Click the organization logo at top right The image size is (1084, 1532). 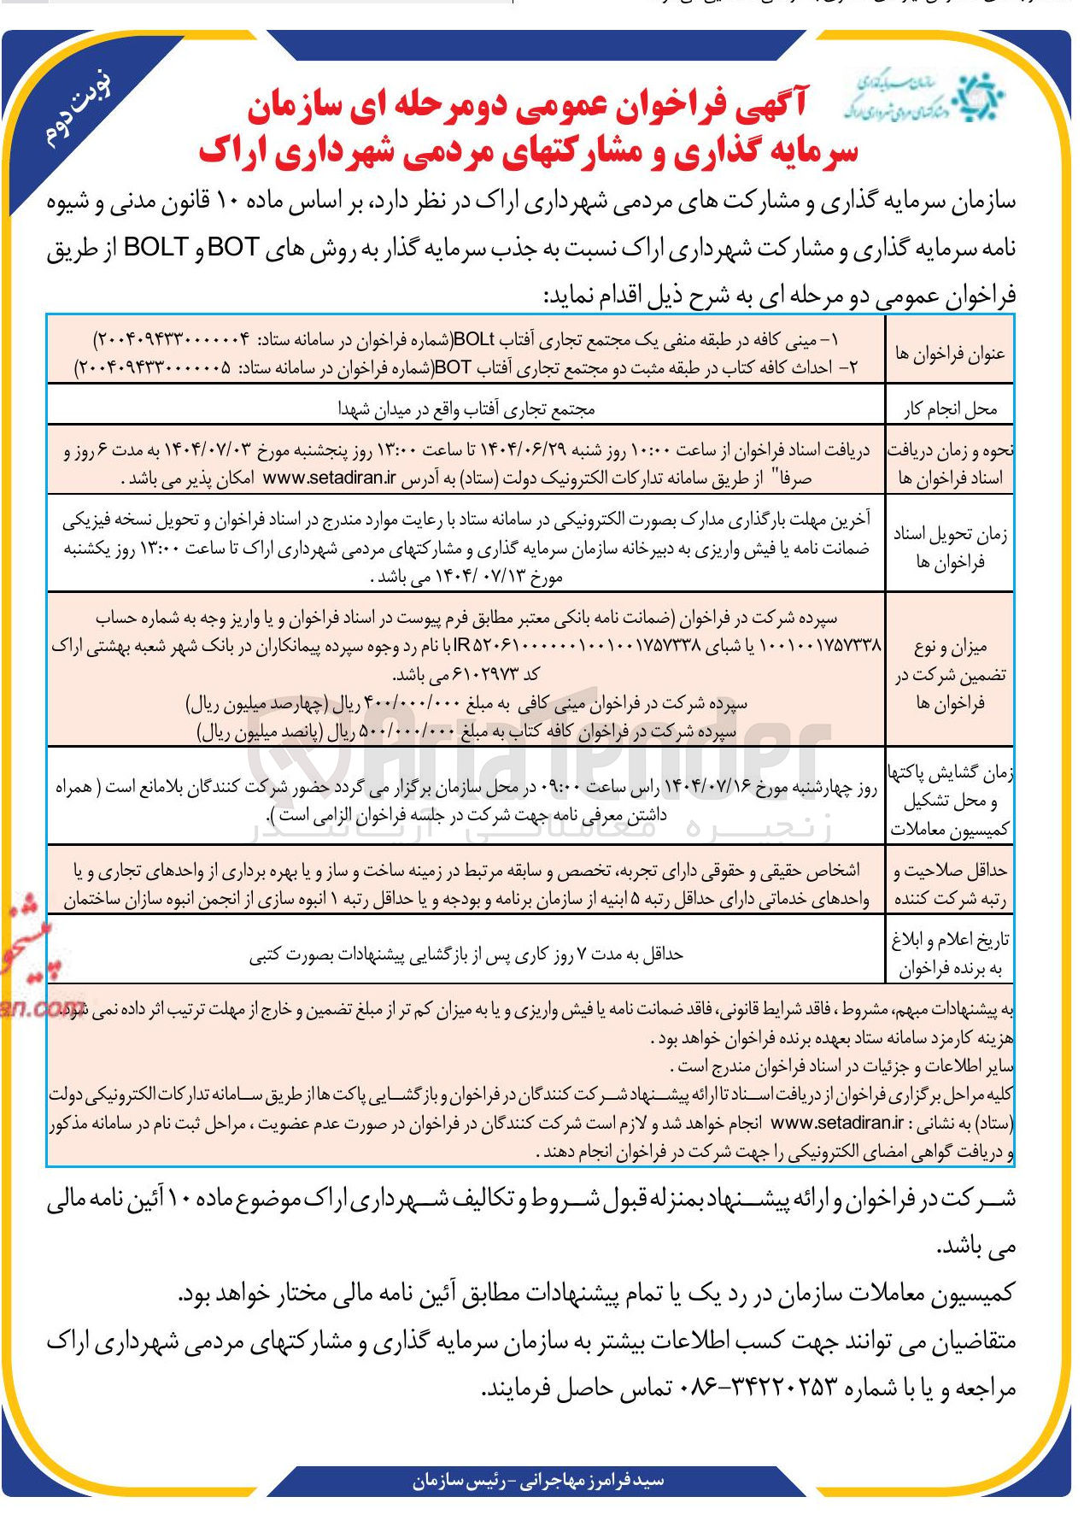(x=924, y=97)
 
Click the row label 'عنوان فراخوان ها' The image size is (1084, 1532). (x=950, y=353)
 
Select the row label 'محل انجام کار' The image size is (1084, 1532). (x=950, y=409)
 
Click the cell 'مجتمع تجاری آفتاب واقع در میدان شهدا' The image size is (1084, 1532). (x=466, y=409)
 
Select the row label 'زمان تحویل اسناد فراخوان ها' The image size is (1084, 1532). (x=950, y=548)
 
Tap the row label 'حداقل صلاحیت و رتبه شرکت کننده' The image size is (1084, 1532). (x=950, y=884)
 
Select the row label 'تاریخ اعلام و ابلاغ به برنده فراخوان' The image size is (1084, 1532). (x=950, y=954)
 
